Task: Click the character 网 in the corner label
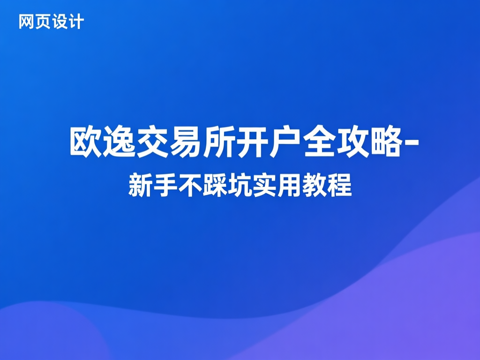pyautogui.click(x=27, y=22)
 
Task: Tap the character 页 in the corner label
pyautogui.click(x=43, y=22)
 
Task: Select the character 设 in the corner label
pyautogui.click(x=60, y=22)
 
